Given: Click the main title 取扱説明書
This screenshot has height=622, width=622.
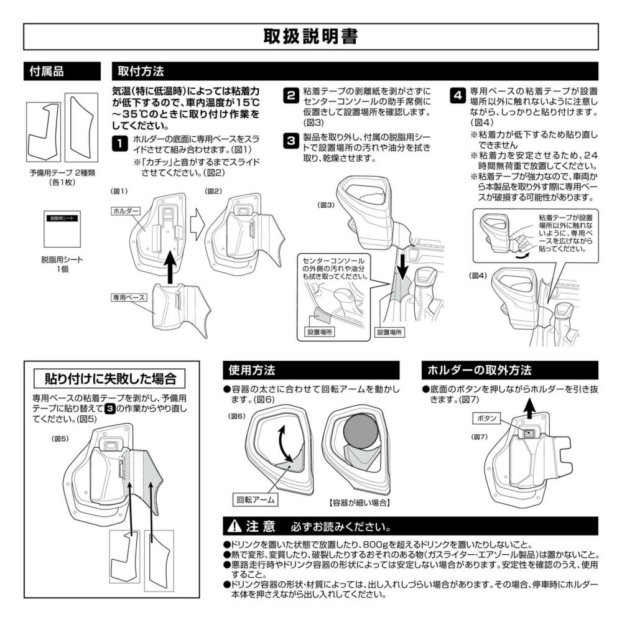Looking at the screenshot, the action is pos(310,37).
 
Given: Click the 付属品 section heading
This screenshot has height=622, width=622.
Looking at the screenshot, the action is pos(47,72).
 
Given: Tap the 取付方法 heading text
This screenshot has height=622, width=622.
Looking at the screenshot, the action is pos(141,72).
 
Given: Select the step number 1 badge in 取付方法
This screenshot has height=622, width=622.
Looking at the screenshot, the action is pos(120,143).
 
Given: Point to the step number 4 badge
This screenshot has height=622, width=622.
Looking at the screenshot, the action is pos(458,96).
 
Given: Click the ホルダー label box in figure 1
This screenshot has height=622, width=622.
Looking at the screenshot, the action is pos(126,211).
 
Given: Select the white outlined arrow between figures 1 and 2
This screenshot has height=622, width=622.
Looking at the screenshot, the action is pos(197,228).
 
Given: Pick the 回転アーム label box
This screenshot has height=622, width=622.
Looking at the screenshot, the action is pos(256,500).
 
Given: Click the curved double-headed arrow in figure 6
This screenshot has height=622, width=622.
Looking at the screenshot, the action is pos(286,444).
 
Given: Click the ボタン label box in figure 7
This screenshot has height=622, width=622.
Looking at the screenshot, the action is pos(487,418).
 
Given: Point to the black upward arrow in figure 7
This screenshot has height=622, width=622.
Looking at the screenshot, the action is pos(528,409).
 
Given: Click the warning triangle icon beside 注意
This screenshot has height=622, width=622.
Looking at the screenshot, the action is pos(234,526).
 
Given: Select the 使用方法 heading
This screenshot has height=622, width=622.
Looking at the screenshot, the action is pos(252,371).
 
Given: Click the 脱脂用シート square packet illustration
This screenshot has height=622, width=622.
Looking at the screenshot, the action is pos(62,229).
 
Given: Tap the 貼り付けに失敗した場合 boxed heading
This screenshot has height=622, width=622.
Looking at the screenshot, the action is pos(110,378).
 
